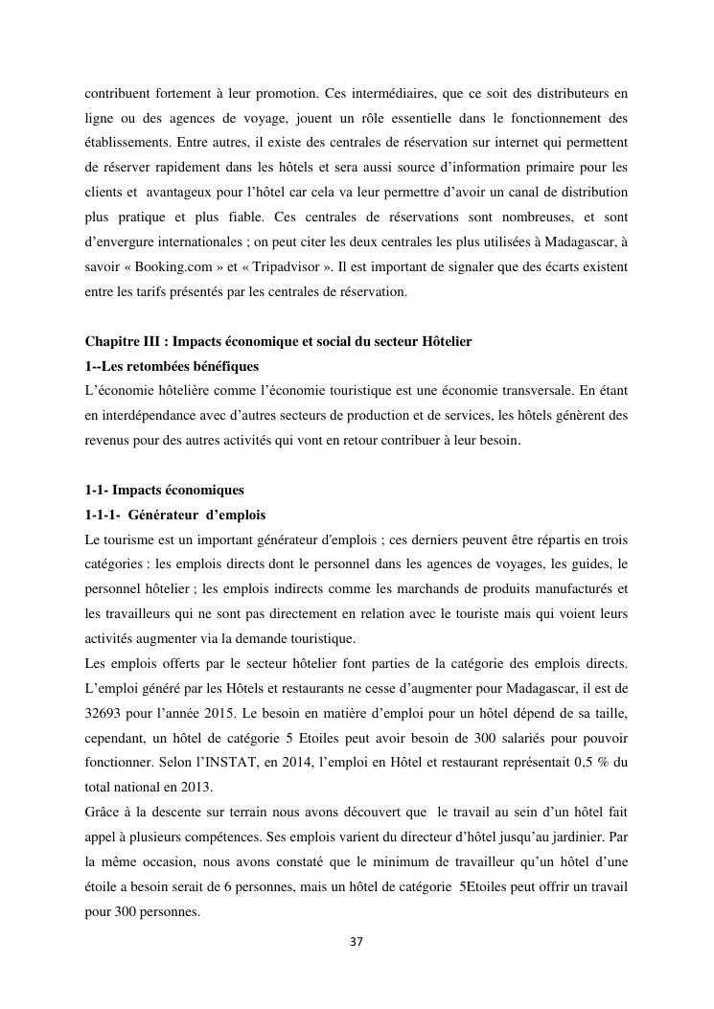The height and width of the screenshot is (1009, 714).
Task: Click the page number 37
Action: pyautogui.click(x=357, y=941)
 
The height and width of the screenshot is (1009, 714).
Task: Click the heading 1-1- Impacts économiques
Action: pyautogui.click(x=164, y=490)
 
